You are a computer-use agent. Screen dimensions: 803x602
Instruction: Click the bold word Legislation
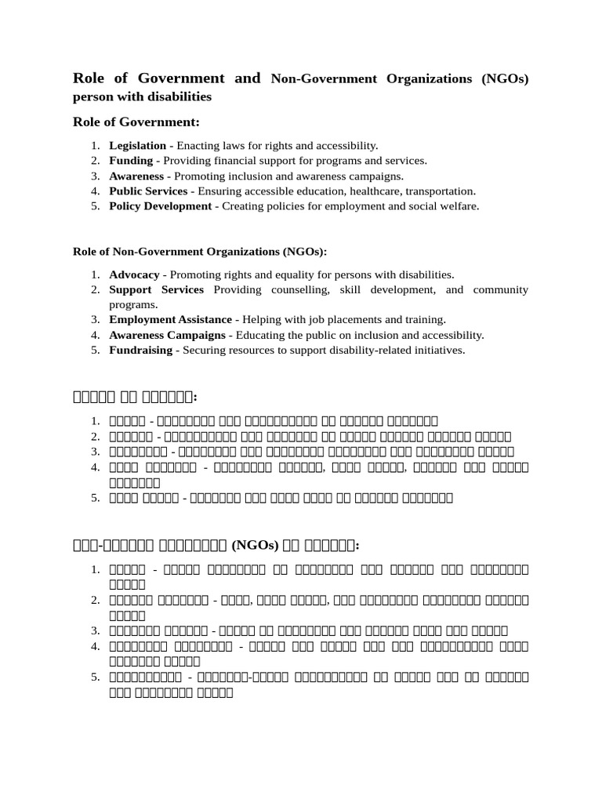pos(137,146)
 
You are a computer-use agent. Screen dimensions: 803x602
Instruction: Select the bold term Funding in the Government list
pos(131,161)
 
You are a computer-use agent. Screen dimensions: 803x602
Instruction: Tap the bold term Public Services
pos(148,191)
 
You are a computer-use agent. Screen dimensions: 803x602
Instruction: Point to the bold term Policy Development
pos(160,206)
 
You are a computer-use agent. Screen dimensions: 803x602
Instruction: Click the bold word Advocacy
pos(134,275)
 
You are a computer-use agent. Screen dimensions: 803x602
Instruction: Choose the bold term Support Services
pos(156,290)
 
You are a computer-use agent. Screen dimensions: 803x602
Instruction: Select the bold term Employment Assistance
pos(170,320)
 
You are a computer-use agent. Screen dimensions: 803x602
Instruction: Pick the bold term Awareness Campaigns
pos(168,335)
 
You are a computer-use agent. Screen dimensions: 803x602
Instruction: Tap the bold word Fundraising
pos(140,350)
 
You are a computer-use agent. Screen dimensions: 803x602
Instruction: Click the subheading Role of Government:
pos(136,122)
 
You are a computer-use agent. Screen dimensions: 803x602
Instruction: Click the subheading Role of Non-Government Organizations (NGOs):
pos(199,252)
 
